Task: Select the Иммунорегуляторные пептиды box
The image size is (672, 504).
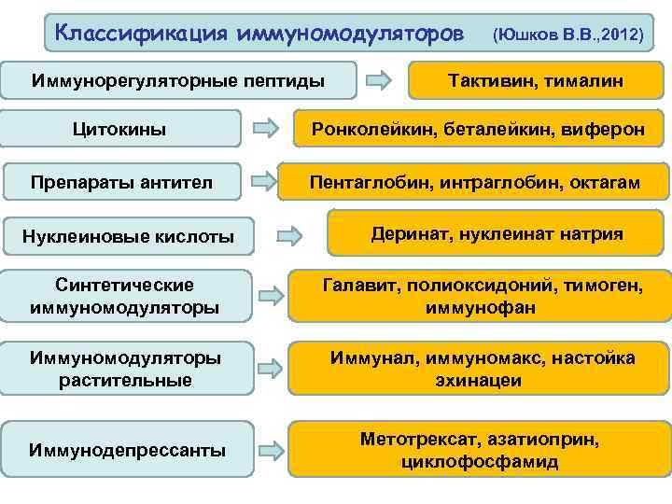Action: [x=178, y=81]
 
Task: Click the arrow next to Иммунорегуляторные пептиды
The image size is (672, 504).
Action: [x=379, y=80]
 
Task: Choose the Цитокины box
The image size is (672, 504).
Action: [x=120, y=129]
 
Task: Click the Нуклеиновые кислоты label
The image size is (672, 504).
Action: [x=128, y=236]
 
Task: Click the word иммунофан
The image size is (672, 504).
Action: [x=477, y=307]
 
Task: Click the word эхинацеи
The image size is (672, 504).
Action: [x=478, y=381]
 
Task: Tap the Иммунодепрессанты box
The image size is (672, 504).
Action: [x=128, y=450]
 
